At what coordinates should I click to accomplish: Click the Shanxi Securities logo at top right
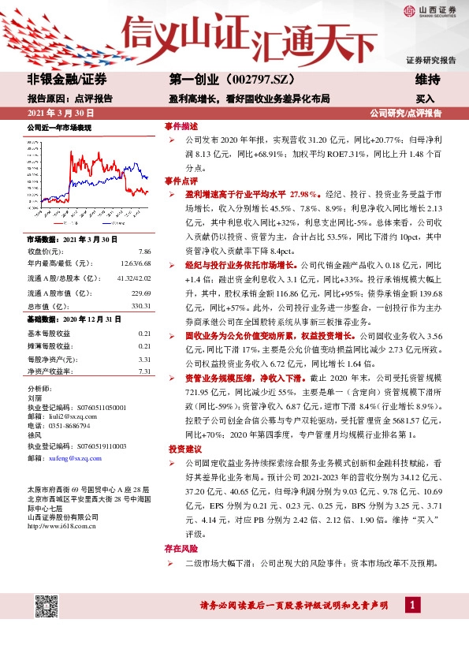(429, 11)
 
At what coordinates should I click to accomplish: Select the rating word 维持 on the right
(427, 80)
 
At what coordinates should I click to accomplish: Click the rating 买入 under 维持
(426, 99)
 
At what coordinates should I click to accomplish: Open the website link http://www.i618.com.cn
(62, 527)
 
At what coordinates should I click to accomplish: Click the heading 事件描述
(181, 126)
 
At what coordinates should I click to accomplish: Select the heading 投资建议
(184, 448)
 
